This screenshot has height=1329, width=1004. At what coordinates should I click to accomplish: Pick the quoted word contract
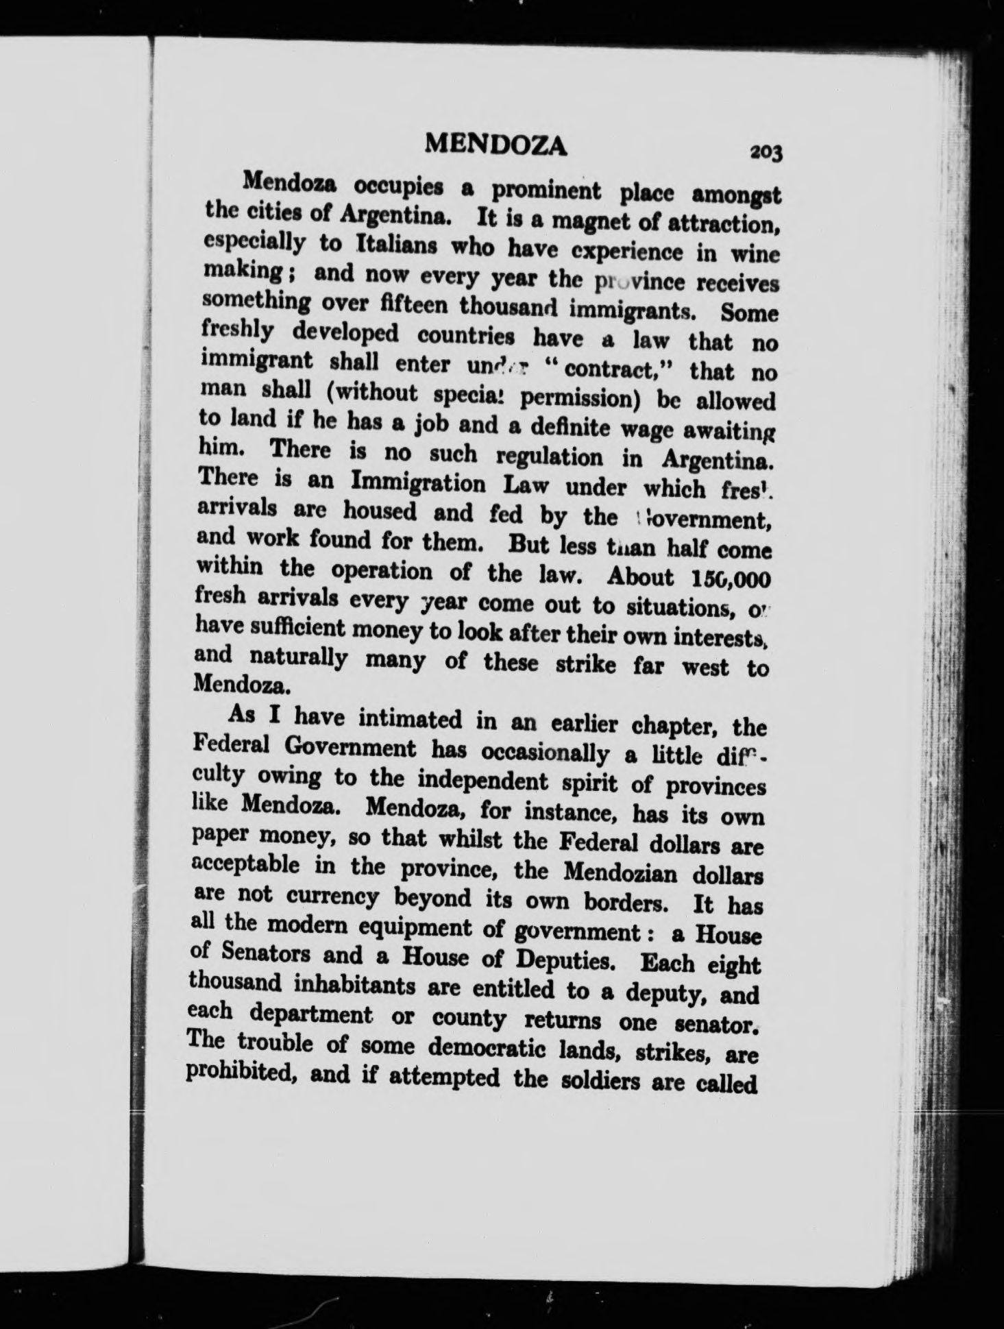620,369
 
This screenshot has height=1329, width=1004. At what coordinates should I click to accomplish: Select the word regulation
549,456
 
